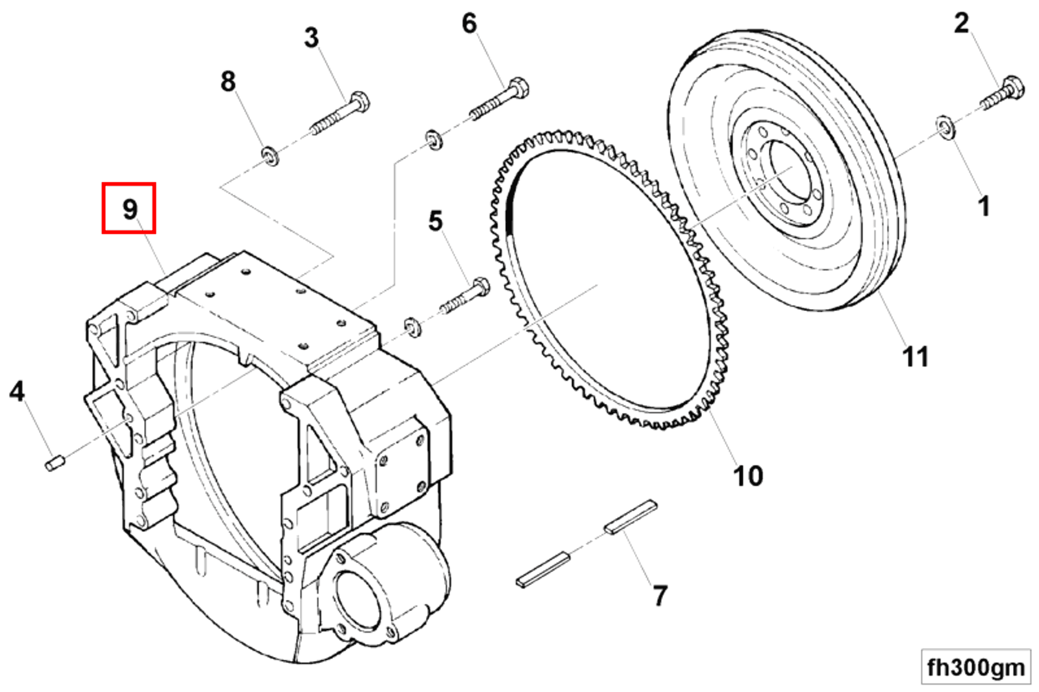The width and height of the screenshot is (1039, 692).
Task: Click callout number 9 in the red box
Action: click(x=129, y=209)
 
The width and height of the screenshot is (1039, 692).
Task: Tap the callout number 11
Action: click(x=915, y=357)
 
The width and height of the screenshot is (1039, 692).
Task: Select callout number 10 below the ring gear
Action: click(x=748, y=476)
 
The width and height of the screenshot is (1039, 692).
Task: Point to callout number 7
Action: click(x=660, y=596)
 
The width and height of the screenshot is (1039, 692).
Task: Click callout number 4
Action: click(x=17, y=391)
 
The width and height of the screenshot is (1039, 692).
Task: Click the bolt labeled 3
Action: click(x=341, y=115)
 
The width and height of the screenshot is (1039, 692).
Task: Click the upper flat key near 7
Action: click(x=630, y=516)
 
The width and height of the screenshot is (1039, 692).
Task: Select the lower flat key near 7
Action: click(x=543, y=569)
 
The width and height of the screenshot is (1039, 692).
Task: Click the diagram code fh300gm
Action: click(x=975, y=667)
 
